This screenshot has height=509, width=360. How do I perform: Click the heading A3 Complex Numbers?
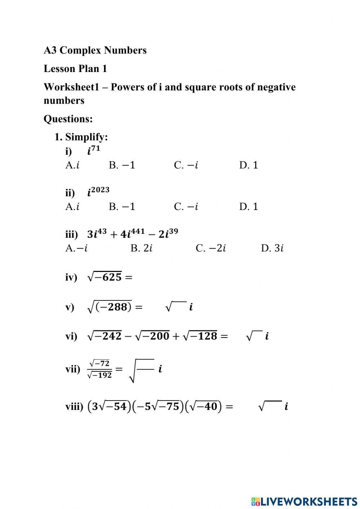95,50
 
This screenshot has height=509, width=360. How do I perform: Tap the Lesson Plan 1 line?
75,69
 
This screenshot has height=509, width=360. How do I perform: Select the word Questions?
68,119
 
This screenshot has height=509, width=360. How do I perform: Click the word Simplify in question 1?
86,137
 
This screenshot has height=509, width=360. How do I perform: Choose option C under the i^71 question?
186,165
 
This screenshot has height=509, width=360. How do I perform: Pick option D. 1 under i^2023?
248,207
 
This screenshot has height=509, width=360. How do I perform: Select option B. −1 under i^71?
122,165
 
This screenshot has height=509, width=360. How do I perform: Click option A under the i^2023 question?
72,207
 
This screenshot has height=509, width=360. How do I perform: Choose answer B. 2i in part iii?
141,248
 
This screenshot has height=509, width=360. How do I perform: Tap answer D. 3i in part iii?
272,248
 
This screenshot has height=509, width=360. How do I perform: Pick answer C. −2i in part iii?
211,248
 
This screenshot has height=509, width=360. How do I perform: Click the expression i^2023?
98,192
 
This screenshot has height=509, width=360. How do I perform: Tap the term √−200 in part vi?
152,336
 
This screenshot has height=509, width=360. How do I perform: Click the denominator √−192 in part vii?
100,375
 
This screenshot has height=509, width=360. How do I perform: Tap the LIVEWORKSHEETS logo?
304,501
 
